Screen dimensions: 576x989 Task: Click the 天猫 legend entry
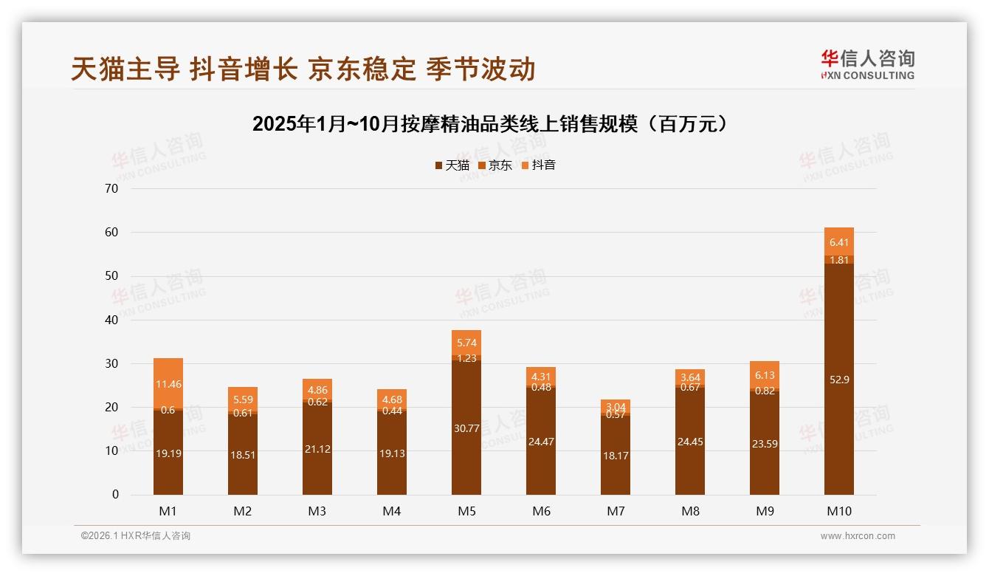pyautogui.click(x=452, y=165)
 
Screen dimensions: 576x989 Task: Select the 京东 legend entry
pyautogui.click(x=495, y=165)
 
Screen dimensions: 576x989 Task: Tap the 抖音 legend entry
pyautogui.click(x=539, y=165)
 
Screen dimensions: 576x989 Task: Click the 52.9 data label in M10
pyautogui.click(x=839, y=380)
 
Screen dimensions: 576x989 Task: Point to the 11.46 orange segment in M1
pyautogui.click(x=168, y=383)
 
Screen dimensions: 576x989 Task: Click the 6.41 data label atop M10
pyautogui.click(x=839, y=242)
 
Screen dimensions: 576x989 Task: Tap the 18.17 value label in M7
pyautogui.click(x=616, y=456)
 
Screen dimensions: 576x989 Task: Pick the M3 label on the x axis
pyautogui.click(x=317, y=511)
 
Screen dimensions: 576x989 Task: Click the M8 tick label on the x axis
pyautogui.click(x=690, y=511)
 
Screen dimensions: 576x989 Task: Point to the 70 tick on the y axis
pyautogui.click(x=112, y=188)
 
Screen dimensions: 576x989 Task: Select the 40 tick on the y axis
pyautogui.click(x=112, y=320)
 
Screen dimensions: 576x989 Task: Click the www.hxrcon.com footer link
pyautogui.click(x=857, y=536)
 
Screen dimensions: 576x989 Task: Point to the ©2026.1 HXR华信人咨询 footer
pyautogui.click(x=136, y=536)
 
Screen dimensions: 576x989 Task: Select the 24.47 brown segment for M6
pyautogui.click(x=541, y=442)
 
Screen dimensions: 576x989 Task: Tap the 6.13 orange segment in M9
pyautogui.click(x=765, y=375)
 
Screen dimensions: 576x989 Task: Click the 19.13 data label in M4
pyautogui.click(x=392, y=453)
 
